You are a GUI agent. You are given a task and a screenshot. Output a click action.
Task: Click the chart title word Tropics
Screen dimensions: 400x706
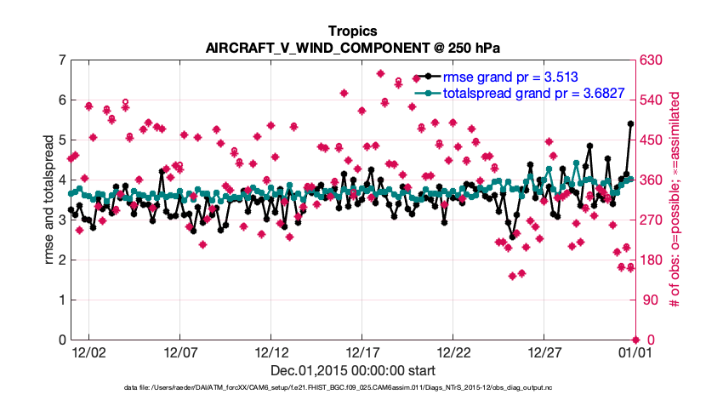point(352,31)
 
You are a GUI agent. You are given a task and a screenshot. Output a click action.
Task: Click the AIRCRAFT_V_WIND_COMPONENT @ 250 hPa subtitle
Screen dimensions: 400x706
point(352,48)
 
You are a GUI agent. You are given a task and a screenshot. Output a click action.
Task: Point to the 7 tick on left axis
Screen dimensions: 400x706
point(62,60)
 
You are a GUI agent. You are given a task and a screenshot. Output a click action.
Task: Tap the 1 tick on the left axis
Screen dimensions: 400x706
point(62,300)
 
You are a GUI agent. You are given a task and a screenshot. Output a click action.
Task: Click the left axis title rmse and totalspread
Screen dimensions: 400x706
point(49,199)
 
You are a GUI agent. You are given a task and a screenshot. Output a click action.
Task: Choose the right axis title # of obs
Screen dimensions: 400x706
point(675,199)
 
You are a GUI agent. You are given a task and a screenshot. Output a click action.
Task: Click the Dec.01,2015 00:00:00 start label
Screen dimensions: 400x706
point(352,370)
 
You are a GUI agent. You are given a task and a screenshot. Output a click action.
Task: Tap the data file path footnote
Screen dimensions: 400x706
point(352,388)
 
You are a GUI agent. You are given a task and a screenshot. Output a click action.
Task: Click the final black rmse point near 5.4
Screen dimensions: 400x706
point(630,123)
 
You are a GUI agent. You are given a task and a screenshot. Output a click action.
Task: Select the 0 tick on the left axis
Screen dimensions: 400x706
point(62,340)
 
